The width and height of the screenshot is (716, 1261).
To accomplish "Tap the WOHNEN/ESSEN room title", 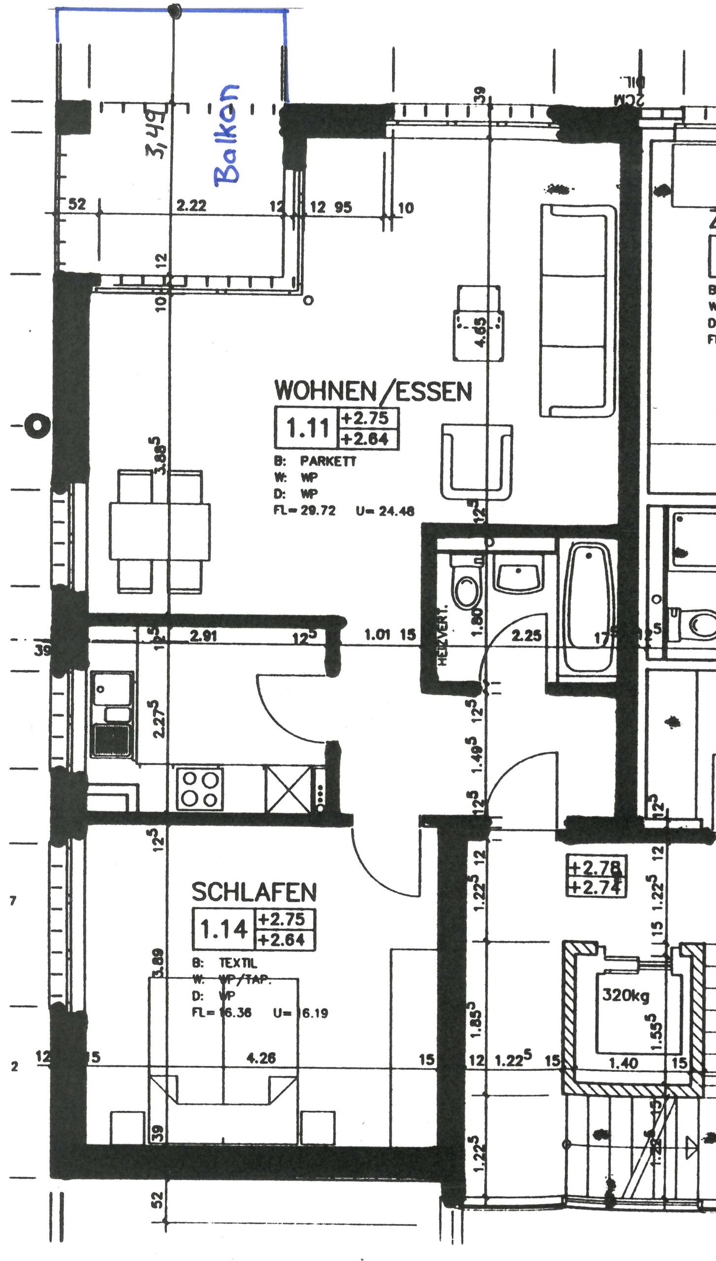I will pos(373,391).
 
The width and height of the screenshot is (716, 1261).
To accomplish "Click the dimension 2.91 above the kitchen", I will pos(203,636).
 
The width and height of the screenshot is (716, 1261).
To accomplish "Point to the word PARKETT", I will pos(328,461).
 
